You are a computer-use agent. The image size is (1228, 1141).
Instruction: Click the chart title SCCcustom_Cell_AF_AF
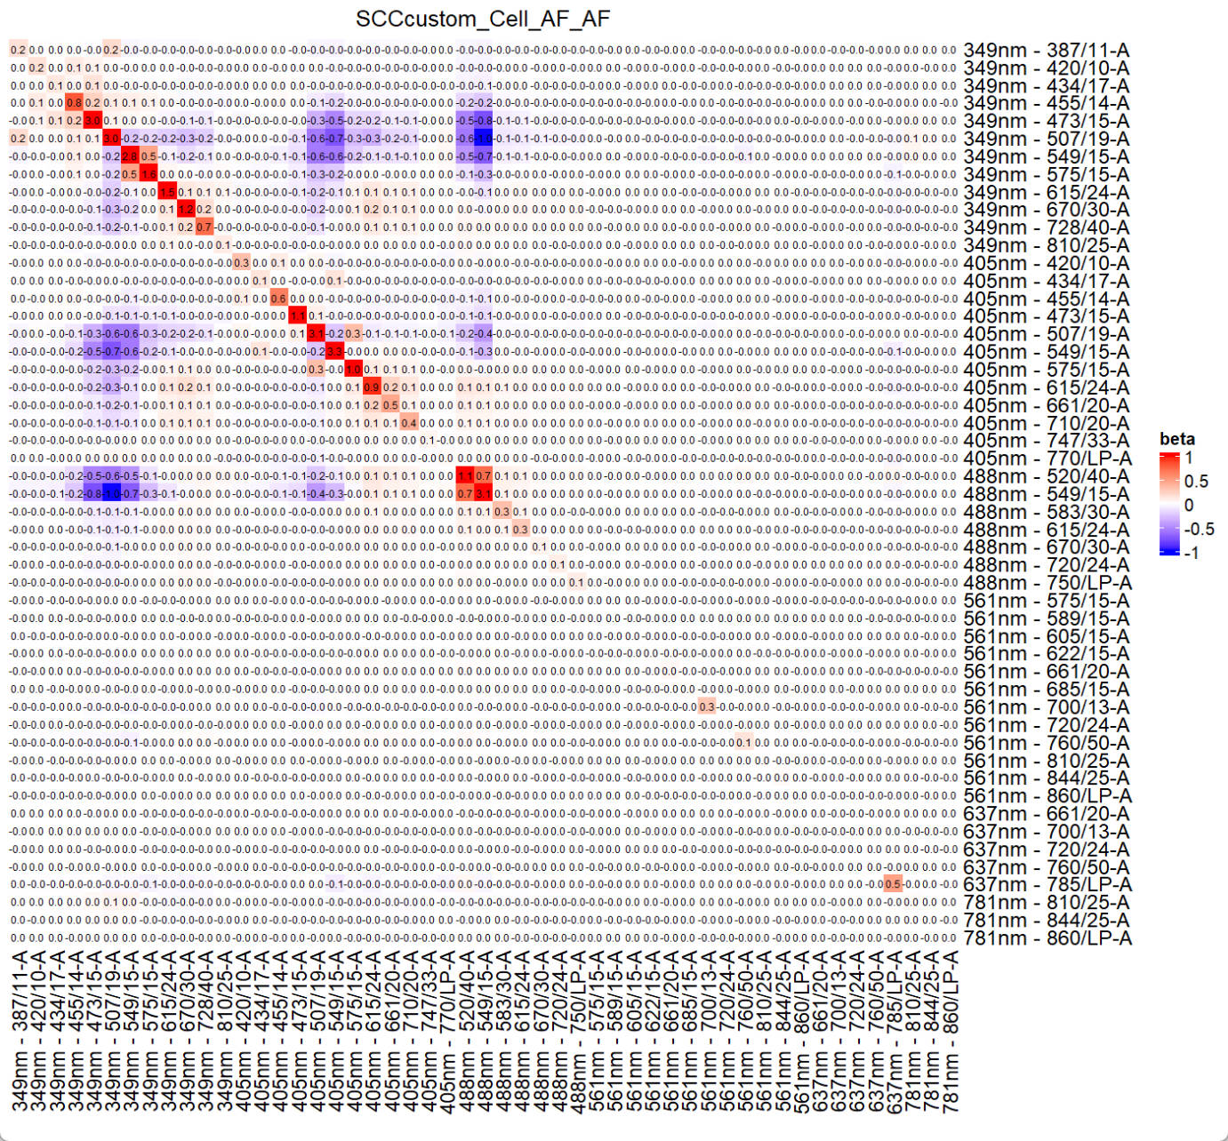(483, 19)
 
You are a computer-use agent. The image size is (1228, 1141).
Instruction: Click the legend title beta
(1176, 439)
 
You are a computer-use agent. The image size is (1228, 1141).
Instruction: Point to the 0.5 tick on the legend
(1196, 482)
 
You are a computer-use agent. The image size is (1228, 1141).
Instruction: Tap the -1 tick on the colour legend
(1191, 553)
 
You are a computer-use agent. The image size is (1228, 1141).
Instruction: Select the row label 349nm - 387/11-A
(1046, 51)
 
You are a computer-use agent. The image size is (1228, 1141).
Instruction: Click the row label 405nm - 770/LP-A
(1047, 459)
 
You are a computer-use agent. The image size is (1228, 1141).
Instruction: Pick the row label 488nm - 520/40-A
(1046, 476)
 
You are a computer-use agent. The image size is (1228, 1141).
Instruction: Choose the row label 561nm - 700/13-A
(1046, 707)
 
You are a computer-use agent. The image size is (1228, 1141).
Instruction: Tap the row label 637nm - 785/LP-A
(1047, 884)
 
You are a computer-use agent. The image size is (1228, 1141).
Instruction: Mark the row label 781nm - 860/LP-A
(1047, 938)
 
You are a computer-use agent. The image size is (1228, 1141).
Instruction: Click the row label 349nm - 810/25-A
(1046, 245)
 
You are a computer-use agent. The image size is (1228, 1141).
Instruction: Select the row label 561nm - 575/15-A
(1046, 601)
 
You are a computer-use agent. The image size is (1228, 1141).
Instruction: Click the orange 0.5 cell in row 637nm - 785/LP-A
(893, 884)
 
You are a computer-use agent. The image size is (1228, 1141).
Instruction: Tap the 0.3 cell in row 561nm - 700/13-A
(707, 706)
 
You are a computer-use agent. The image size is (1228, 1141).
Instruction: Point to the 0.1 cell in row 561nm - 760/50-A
(744, 742)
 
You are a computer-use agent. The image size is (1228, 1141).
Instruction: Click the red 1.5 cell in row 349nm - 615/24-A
(167, 192)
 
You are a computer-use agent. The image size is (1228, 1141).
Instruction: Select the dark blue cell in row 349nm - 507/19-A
(483, 139)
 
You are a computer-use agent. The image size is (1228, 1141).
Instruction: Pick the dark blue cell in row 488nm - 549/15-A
(111, 493)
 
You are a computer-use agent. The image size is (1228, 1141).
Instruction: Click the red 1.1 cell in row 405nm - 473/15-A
(297, 315)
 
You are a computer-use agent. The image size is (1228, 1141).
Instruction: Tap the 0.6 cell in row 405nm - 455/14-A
(278, 298)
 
